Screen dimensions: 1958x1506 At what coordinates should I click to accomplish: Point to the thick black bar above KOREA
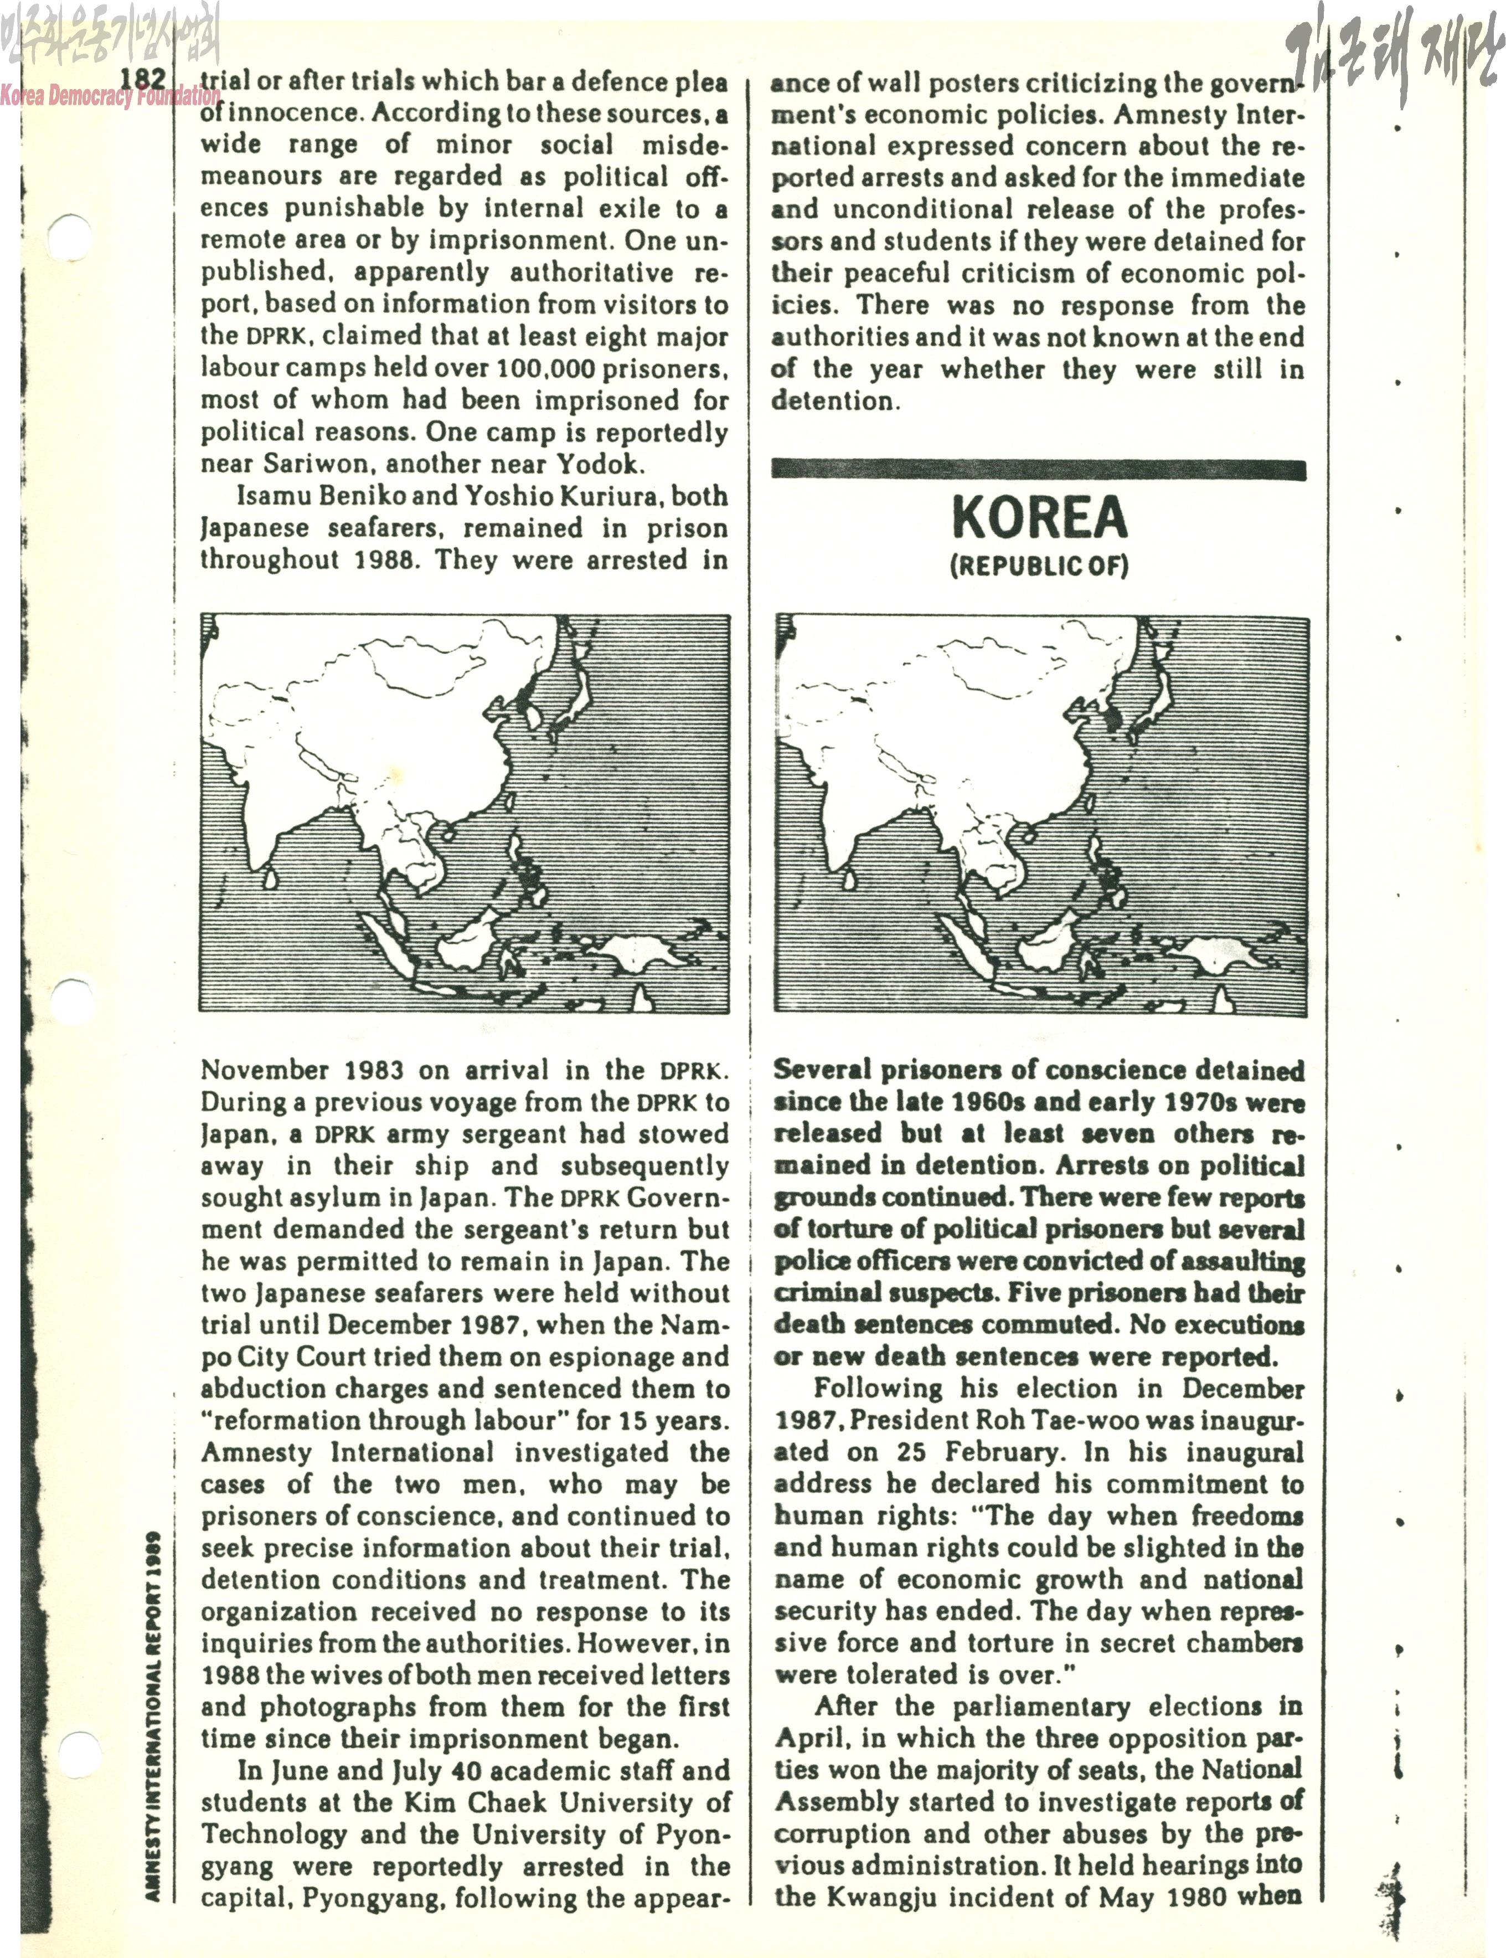click(x=1038, y=470)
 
